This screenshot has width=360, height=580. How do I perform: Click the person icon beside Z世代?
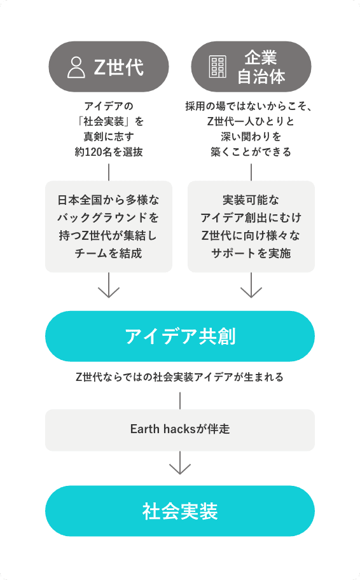[76, 67]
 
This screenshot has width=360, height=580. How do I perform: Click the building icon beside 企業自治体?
[218, 67]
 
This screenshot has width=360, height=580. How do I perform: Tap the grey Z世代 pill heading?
[109, 67]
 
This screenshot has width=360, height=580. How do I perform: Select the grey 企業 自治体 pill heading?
[251, 67]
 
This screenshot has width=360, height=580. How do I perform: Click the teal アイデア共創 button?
[180, 336]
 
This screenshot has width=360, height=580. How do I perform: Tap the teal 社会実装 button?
[180, 511]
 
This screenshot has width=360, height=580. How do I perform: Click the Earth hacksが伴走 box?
[180, 430]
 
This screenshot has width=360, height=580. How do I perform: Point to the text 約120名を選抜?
[109, 152]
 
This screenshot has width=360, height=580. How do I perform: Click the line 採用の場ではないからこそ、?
[249, 107]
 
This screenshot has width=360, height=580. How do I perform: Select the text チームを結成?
[108, 253]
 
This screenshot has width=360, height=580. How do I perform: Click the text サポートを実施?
[251, 253]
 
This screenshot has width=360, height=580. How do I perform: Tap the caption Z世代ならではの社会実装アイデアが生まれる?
[180, 377]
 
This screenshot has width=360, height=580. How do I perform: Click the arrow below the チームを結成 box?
[109, 285]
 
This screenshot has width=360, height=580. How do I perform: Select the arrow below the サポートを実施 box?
[251, 285]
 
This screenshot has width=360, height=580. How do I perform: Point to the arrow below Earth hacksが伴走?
[180, 463]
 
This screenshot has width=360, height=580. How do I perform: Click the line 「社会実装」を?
[109, 121]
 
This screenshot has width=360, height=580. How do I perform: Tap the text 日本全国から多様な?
[108, 200]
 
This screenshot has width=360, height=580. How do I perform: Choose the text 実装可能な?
[251, 200]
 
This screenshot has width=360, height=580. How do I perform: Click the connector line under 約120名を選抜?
[109, 172]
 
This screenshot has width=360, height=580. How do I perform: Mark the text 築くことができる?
[251, 152]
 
